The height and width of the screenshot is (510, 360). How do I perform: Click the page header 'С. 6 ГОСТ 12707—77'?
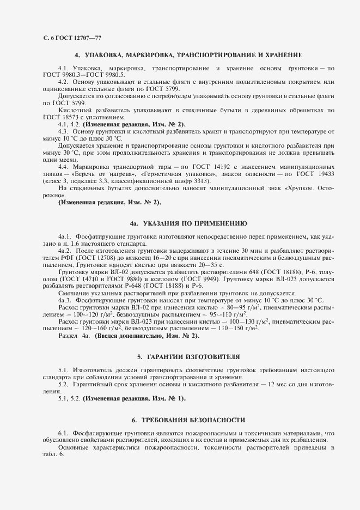click(71, 38)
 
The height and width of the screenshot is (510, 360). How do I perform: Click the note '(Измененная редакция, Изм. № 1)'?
click(134, 399)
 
